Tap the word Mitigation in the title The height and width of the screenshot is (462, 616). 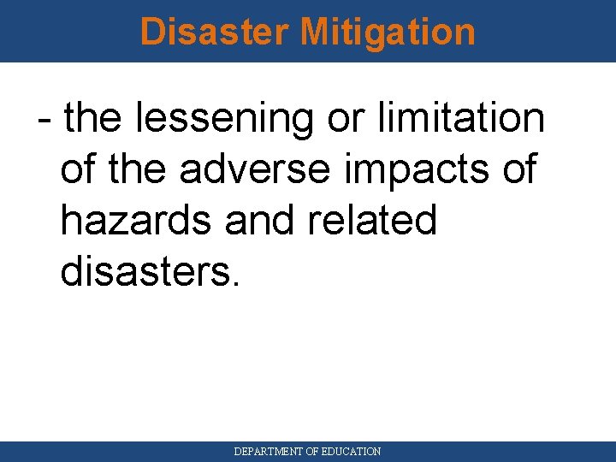(388, 32)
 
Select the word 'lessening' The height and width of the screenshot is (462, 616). (225, 118)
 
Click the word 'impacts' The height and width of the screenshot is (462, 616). (414, 169)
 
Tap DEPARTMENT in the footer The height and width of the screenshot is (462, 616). (269, 451)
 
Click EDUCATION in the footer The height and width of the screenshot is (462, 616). (351, 451)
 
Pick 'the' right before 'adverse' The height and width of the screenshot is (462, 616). (143, 169)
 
